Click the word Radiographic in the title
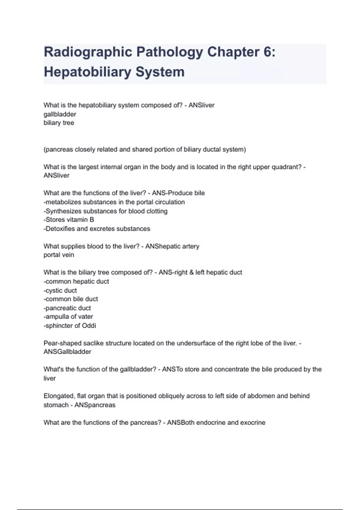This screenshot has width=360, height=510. tap(88, 52)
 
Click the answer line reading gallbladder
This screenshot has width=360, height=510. tap(60, 114)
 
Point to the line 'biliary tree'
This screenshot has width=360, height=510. tap(59, 123)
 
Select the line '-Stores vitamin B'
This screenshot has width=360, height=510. tap(69, 220)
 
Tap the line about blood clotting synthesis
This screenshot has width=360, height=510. tap(105, 211)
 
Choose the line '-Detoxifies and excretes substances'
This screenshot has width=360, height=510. tap(97, 229)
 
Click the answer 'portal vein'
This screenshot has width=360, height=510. tap(59, 255)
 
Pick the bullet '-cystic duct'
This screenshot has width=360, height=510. tap(60, 290)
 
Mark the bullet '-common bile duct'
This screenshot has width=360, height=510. tap(71, 299)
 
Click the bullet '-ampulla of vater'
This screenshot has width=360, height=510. tap(68, 316)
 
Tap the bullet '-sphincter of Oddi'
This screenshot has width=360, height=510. tap(70, 325)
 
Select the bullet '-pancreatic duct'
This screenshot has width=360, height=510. tap(67, 308)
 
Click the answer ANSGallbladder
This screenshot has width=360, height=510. tap(67, 352)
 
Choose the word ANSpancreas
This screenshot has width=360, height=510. tap(95, 405)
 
